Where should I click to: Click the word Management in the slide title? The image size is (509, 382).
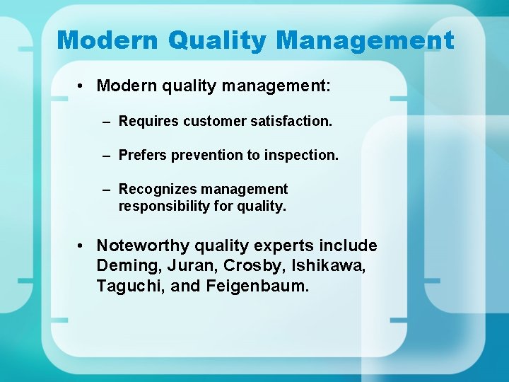click(x=365, y=40)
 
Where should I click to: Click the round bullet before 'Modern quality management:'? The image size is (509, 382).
click(x=83, y=86)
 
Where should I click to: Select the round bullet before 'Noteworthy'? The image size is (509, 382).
click(x=83, y=246)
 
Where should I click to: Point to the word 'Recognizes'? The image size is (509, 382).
click(x=158, y=190)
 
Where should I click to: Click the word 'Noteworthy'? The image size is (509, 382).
click(x=143, y=246)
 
